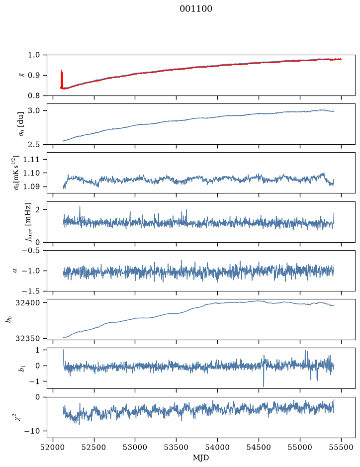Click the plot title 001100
(196, 9)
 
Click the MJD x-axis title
(201, 458)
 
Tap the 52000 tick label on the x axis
(53, 447)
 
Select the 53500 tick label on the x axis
(177, 447)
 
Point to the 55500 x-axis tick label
(341, 447)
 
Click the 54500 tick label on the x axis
(259, 447)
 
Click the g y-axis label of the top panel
(21, 76)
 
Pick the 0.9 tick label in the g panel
(34, 76)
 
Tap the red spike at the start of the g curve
(62, 80)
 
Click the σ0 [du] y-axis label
(21, 124)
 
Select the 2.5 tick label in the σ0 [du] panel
(34, 144)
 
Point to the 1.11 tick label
(31, 159)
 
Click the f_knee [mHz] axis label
(28, 222)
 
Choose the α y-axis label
(15, 271)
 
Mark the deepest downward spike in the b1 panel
(264, 386)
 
